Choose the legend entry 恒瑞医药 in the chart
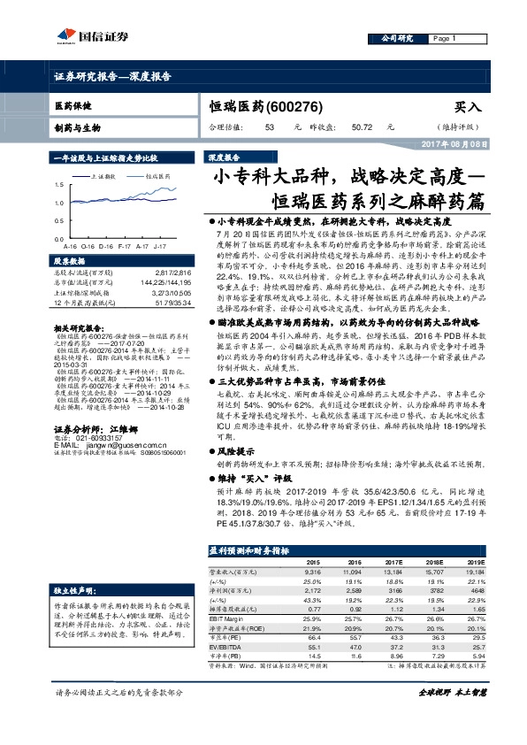pos(159,176)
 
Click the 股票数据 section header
pos(70,262)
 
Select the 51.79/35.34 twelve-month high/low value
pos(173,303)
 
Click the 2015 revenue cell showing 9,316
pos(318,572)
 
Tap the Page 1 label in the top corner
pos(443,39)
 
